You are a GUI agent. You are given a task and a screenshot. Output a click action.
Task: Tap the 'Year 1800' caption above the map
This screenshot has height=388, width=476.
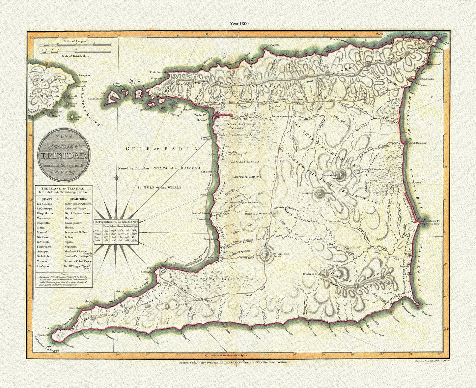[238, 24]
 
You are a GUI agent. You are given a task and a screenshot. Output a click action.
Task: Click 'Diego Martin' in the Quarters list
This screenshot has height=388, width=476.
[46, 213]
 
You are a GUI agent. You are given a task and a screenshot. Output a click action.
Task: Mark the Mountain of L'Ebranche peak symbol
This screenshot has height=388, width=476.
[341, 172]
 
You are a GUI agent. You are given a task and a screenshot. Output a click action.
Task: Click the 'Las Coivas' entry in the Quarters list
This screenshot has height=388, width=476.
[44, 266]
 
